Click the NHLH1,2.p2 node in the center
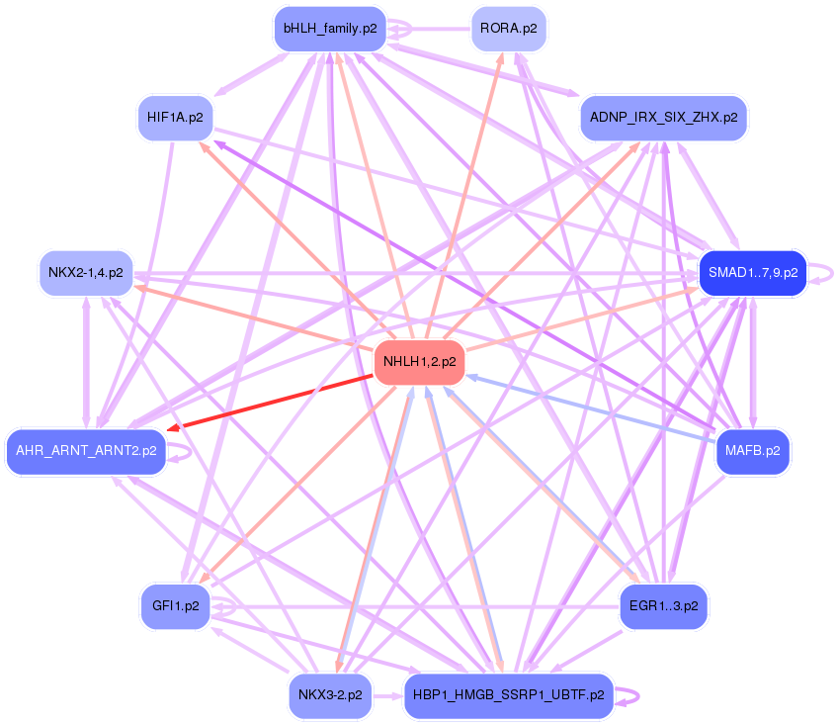(x=420, y=362)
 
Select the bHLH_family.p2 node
(x=329, y=29)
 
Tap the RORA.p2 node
(x=509, y=29)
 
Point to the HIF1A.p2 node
(x=175, y=117)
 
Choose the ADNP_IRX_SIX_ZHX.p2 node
(x=663, y=117)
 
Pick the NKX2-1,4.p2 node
(x=85, y=272)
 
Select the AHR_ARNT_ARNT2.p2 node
(x=85, y=451)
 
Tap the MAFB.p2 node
(x=752, y=451)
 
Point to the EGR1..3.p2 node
(x=663, y=605)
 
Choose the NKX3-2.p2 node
(x=329, y=695)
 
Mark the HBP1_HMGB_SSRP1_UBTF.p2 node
(x=509, y=695)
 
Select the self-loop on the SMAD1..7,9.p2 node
(x=827, y=273)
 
